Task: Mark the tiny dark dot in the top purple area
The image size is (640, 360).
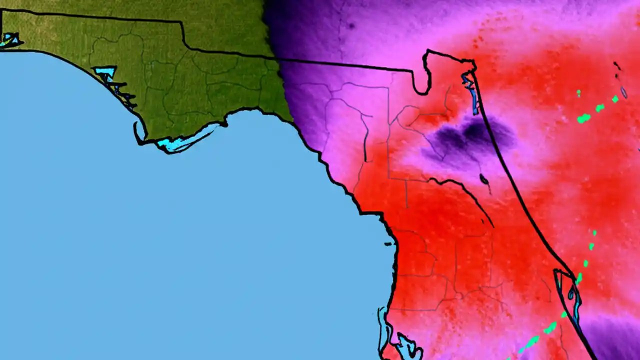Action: click(351, 26)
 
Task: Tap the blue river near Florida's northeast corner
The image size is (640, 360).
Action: click(471, 90)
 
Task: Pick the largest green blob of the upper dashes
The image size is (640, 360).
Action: click(583, 118)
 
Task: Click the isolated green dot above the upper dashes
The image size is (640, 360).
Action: click(578, 93)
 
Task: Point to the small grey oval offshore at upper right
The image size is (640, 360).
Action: click(623, 92)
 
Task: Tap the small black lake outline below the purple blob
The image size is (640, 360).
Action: click(483, 179)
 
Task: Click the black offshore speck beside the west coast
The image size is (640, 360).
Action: click(388, 244)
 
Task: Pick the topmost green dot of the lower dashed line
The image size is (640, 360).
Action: click(594, 233)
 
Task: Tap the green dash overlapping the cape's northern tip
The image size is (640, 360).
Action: click(578, 278)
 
